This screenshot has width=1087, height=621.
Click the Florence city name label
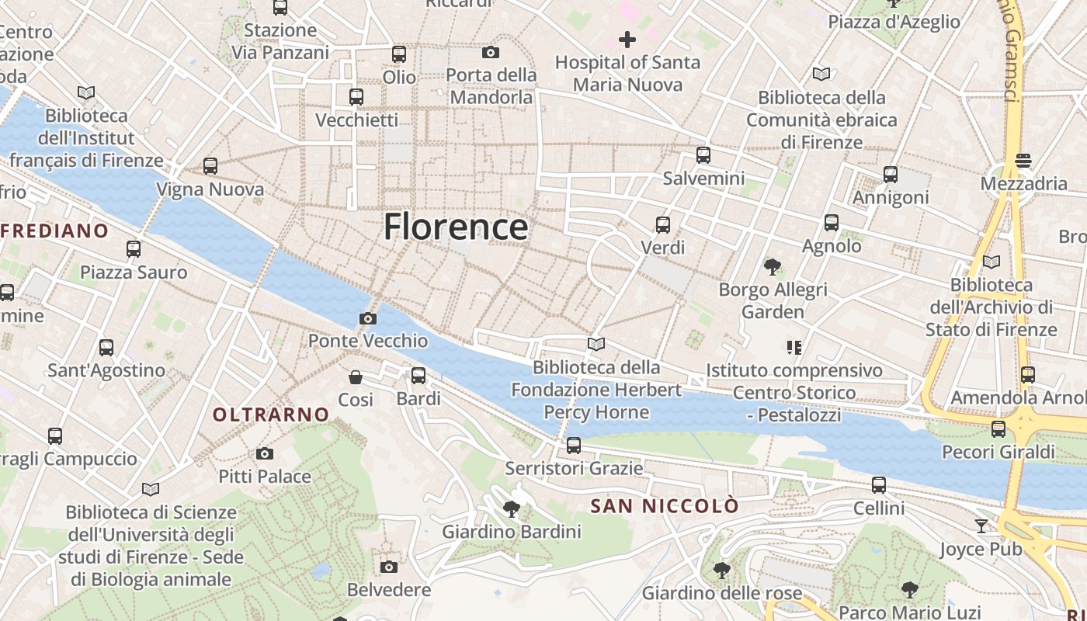pos(456,227)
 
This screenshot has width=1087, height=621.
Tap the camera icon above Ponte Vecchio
pos(368,318)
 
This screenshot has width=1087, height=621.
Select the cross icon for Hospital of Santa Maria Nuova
pos(627,39)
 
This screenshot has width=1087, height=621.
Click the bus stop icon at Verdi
pos(662,225)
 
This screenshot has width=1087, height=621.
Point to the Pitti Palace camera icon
pos(265,453)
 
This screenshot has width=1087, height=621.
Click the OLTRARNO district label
pos(271,415)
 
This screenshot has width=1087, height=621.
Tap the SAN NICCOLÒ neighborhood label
pos(665,506)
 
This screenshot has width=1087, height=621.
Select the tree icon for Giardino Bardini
pos(511,509)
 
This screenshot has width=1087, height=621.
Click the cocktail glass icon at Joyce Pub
pos(981,526)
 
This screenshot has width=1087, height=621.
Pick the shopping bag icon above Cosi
pos(356,377)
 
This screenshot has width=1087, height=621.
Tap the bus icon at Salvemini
pos(703,155)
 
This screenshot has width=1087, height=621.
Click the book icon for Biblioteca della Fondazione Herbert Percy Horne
pos(596,344)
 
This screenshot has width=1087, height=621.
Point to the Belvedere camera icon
pos(389,567)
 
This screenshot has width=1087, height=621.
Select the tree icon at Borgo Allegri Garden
pos(773,267)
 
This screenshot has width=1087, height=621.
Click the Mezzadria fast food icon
pos(1023,161)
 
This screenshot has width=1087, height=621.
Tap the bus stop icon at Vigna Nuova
pos(210,166)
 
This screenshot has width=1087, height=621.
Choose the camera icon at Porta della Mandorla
pos(491,52)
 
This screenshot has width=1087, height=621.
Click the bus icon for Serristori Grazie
pos(574,446)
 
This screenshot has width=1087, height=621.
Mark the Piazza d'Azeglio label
pos(894,22)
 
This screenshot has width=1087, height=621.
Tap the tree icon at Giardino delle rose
pos(721,571)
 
